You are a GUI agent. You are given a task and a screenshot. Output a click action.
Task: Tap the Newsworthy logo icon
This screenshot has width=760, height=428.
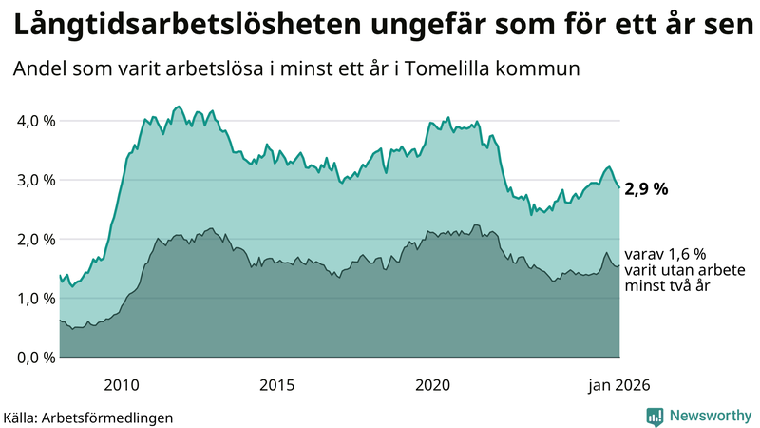click(x=655, y=416)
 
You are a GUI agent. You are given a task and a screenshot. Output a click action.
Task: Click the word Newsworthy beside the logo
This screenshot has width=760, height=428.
click(x=711, y=416)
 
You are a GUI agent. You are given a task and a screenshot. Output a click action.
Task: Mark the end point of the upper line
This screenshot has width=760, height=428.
click(x=619, y=187)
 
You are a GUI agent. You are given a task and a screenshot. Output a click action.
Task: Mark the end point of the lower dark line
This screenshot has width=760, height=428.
click(x=619, y=265)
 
